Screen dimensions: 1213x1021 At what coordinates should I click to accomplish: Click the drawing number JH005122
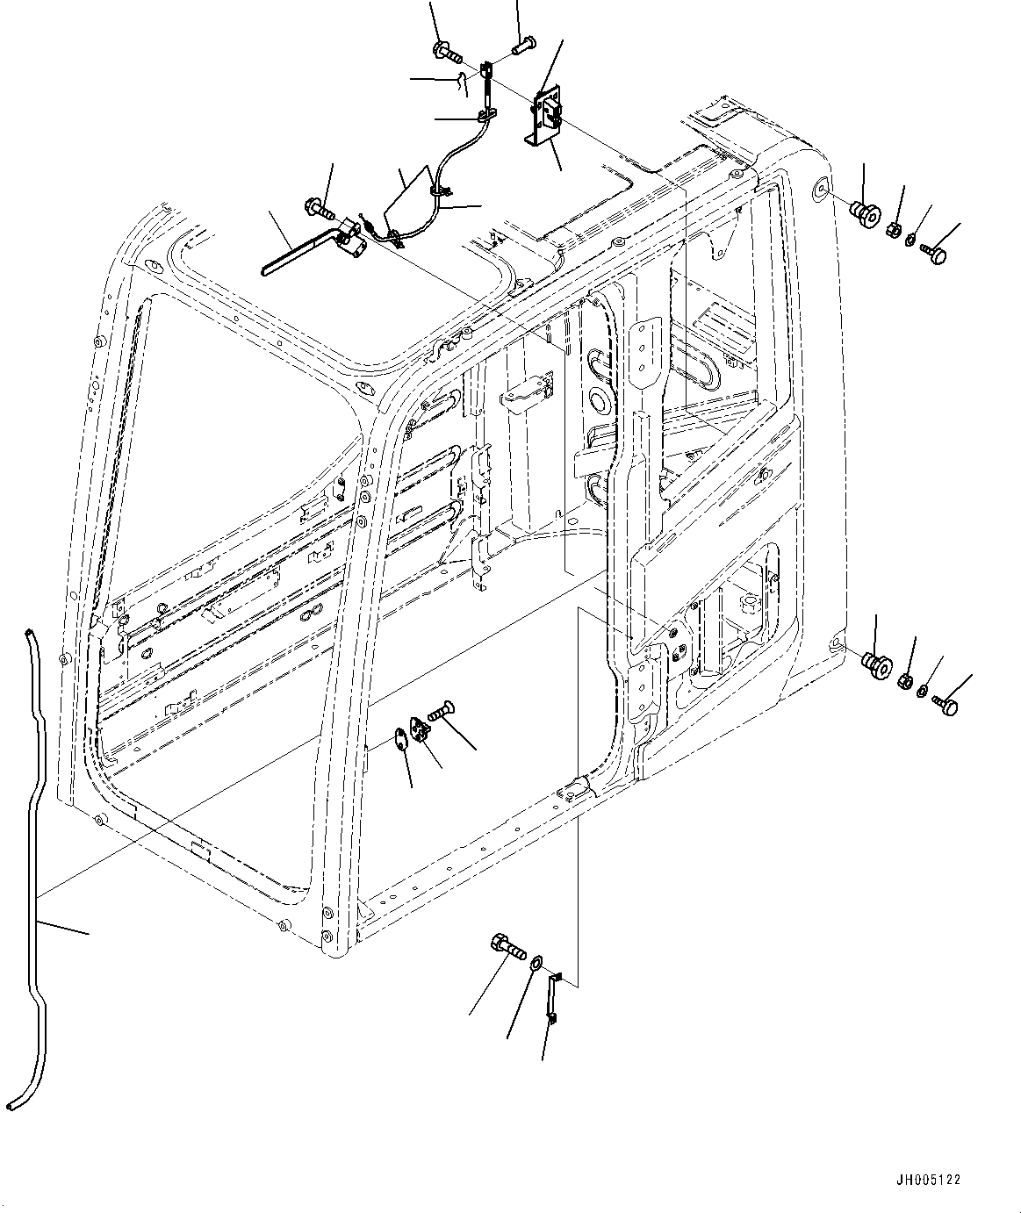[928, 1180]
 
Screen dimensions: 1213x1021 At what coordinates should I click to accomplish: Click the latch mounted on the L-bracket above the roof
[549, 118]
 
